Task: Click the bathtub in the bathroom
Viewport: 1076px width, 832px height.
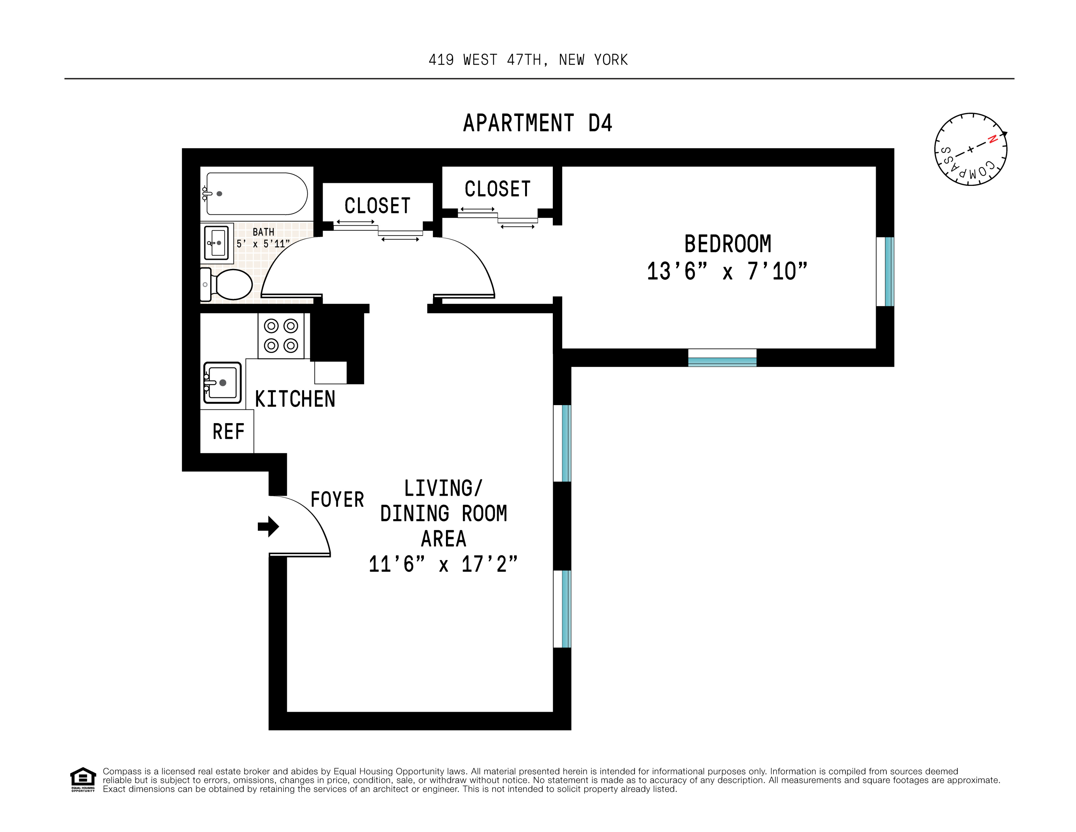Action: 257,194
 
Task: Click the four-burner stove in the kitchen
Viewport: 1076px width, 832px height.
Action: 281,336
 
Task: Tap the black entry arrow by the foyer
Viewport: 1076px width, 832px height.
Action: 268,527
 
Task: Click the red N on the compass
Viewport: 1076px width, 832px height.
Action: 993,139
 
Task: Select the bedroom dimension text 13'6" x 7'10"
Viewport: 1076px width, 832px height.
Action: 727,272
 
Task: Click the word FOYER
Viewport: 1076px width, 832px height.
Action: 337,500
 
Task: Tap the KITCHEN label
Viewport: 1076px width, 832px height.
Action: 295,399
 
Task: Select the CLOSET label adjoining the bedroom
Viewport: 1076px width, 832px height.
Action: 498,189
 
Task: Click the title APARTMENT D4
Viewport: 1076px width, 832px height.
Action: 537,123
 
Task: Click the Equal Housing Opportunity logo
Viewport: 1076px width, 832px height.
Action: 83,779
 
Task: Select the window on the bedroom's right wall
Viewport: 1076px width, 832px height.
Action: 885,272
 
